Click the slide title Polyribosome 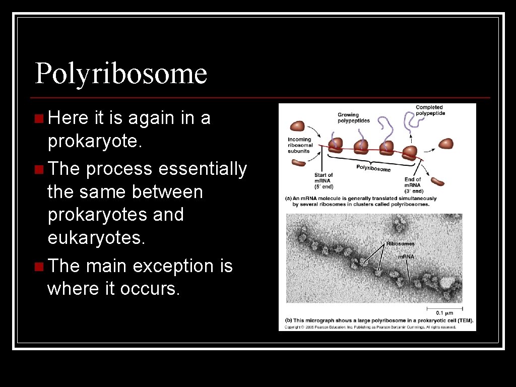tap(121, 74)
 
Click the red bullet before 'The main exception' tap(39, 266)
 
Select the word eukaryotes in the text tap(96, 238)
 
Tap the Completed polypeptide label tap(430, 110)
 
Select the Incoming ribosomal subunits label tap(300, 145)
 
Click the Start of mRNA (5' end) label tap(324, 180)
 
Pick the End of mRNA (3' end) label tap(413, 185)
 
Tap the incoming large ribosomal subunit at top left tap(297, 126)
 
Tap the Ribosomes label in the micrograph tap(400, 244)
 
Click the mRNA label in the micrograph tap(406, 257)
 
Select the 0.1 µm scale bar tap(444, 307)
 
